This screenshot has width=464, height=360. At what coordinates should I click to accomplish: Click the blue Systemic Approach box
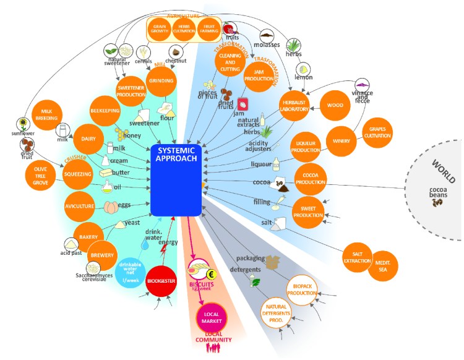point(177,179)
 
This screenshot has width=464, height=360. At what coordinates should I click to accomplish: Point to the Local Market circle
point(213,318)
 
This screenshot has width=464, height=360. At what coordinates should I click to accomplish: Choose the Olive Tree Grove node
point(41,175)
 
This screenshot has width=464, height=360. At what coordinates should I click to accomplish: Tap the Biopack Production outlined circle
point(303,289)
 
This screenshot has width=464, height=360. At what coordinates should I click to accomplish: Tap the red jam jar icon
point(243,104)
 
